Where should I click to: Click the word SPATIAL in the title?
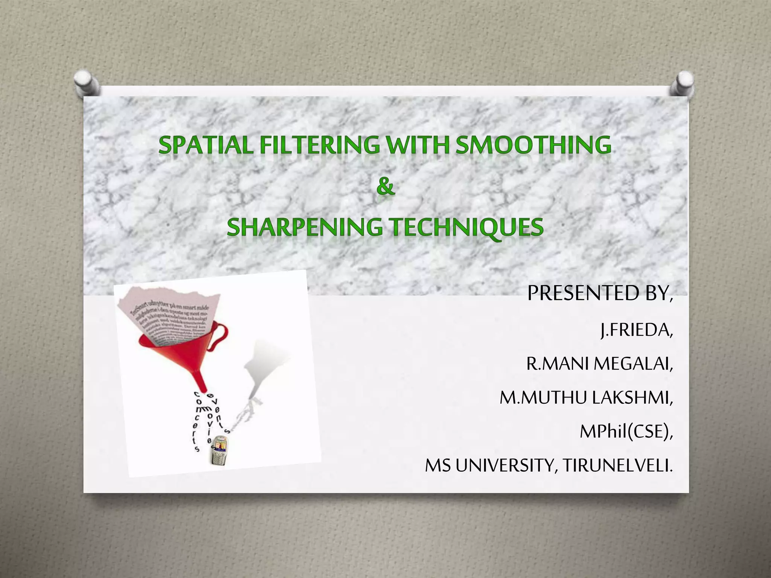206,145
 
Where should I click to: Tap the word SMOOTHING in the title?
533,145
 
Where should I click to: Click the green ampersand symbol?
385,187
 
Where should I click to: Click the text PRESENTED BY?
599,293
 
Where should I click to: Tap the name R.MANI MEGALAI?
599,364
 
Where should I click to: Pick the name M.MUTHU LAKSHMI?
586,397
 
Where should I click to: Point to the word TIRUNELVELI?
617,465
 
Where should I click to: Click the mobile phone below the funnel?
219,450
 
